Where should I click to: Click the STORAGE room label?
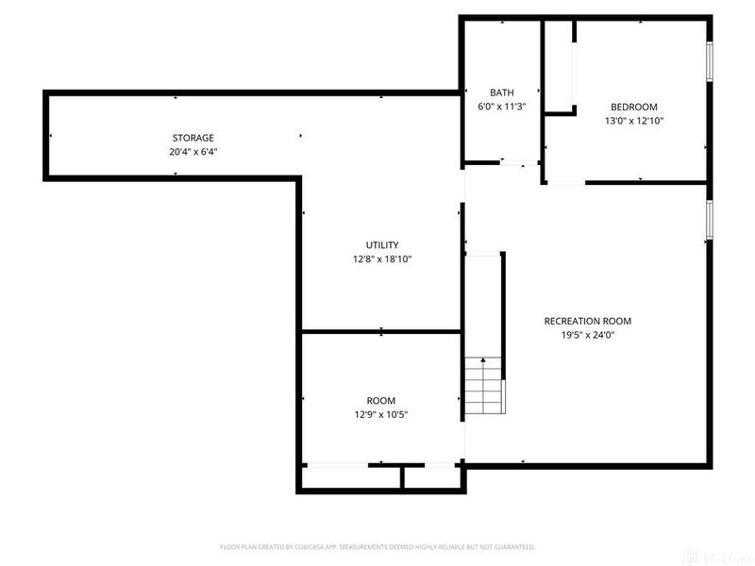point(193,138)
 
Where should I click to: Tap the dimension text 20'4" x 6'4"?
point(193,152)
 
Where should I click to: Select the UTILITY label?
point(382,245)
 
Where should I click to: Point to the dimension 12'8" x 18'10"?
point(382,259)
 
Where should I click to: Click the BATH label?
point(501,92)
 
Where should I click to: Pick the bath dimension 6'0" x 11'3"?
point(501,107)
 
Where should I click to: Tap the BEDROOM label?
point(633,107)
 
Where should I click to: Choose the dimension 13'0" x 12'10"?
point(633,121)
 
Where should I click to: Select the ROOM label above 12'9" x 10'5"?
point(381,400)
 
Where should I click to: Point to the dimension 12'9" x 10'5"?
point(381,414)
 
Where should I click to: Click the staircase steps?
point(484,386)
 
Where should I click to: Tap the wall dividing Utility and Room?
point(381,331)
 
